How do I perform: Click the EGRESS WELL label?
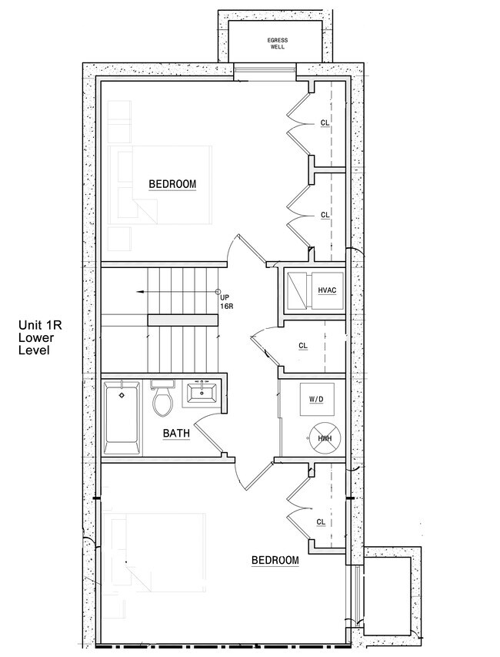coord(278,44)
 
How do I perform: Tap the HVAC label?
coord(327,290)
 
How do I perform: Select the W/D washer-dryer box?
coord(317,399)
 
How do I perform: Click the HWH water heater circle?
coord(325,437)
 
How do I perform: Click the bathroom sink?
coord(202,393)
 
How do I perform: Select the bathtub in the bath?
coord(122,417)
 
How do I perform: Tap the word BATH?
coord(176,433)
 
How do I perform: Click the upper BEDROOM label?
coord(172,184)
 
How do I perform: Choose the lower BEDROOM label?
coord(275,560)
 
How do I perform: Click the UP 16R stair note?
coord(226,302)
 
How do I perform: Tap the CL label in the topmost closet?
coord(325,122)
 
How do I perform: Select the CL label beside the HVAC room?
coord(303,346)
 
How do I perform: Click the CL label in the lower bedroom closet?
coord(321,522)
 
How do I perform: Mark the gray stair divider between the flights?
coord(183,320)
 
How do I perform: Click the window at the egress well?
coord(265,69)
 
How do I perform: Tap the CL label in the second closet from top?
coord(325,215)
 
